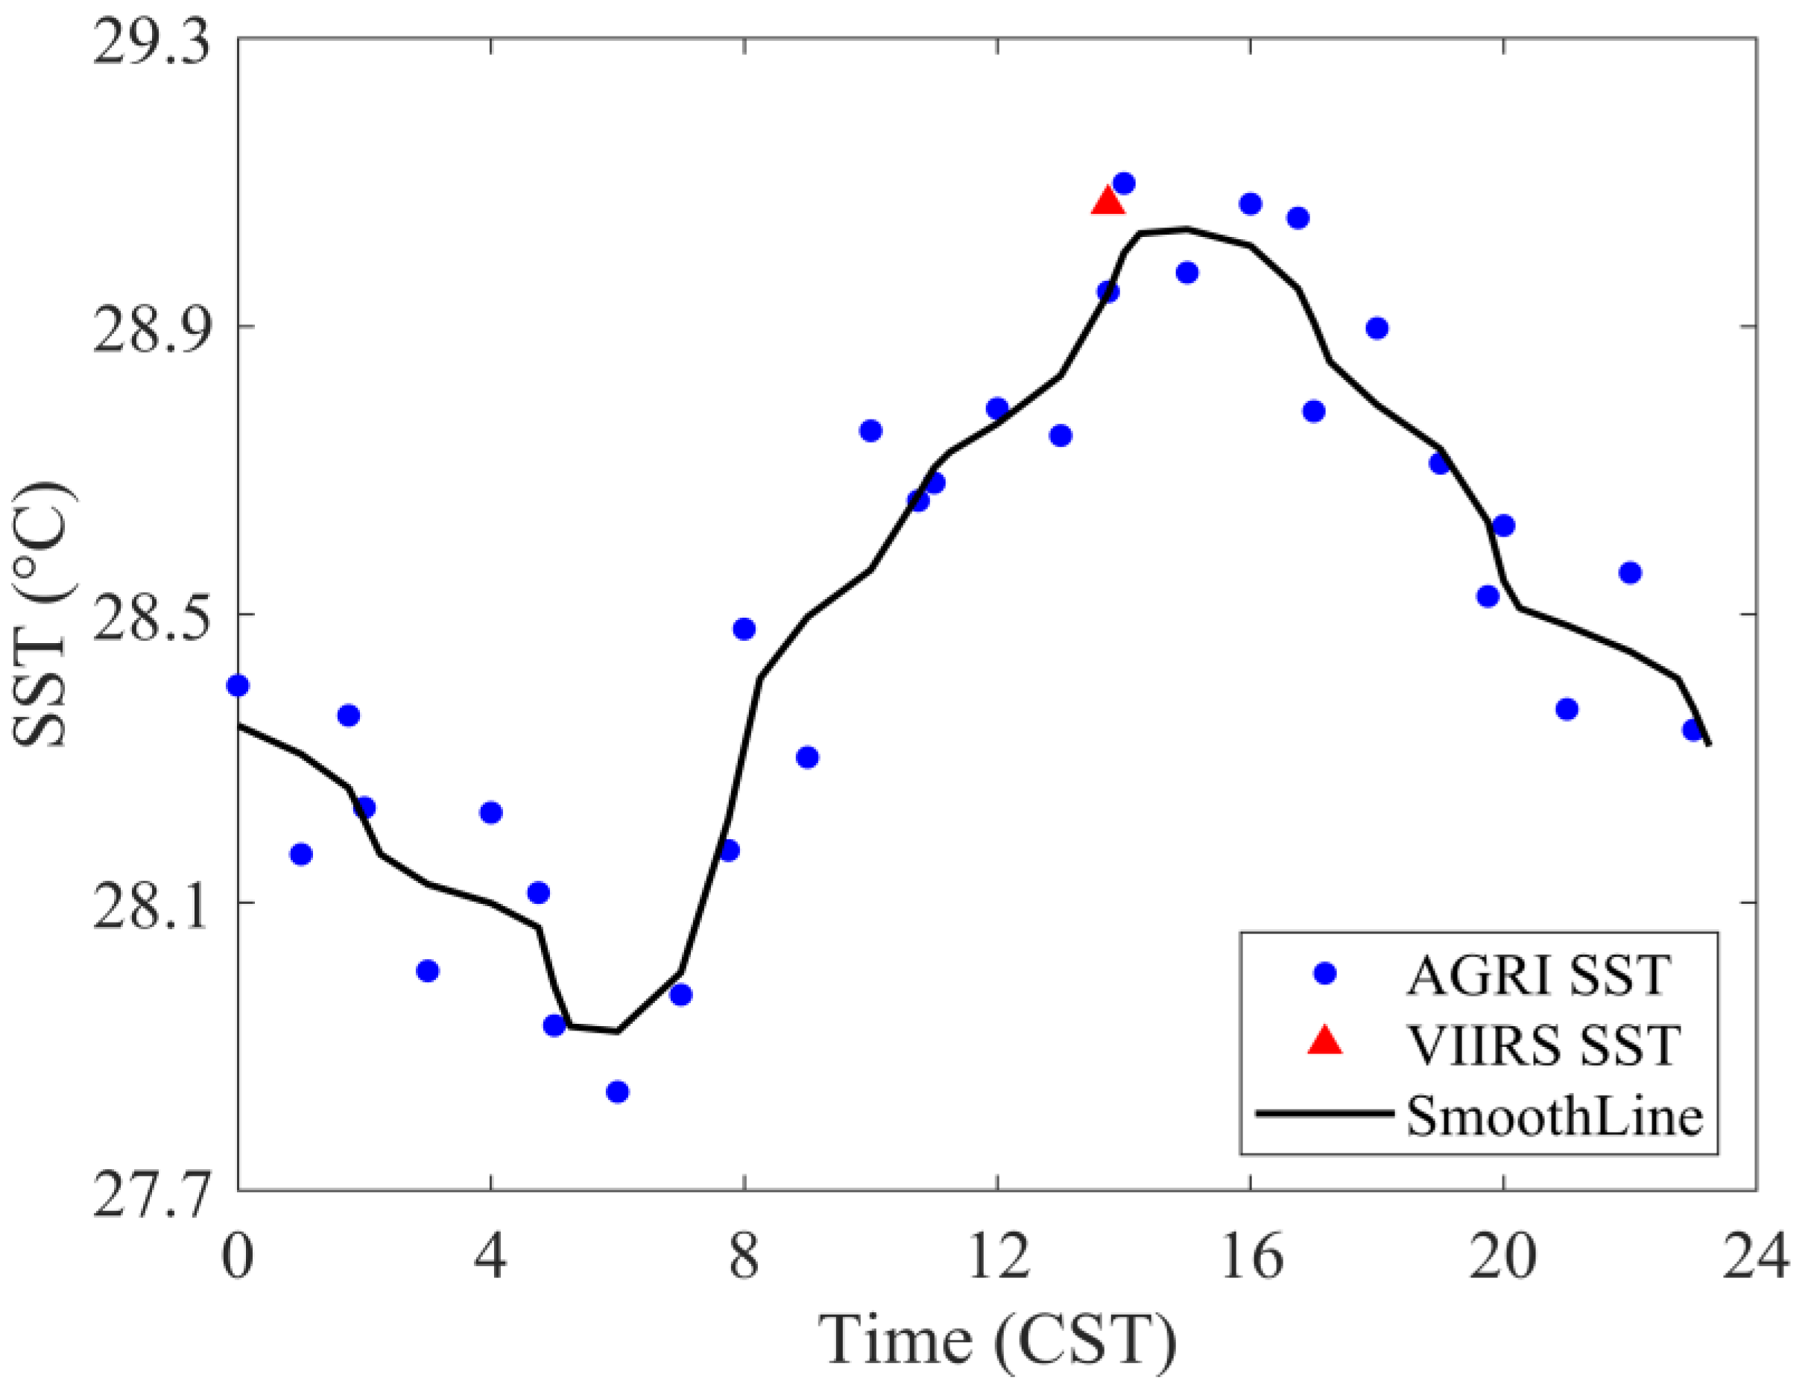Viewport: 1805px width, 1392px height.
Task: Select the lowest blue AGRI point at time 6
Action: pos(617,1092)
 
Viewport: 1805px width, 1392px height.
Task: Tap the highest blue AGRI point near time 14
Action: pos(1124,183)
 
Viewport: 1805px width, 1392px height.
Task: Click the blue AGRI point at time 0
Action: pos(238,686)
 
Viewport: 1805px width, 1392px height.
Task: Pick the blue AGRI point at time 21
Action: pos(1567,709)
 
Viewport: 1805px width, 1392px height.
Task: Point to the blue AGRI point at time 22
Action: pos(1630,573)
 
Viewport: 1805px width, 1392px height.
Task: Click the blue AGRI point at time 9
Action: pos(807,757)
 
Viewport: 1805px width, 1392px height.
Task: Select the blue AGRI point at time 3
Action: pos(427,971)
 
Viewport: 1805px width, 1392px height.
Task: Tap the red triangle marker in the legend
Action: pos(1325,1043)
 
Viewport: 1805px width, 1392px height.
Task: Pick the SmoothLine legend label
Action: pos(1555,1116)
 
